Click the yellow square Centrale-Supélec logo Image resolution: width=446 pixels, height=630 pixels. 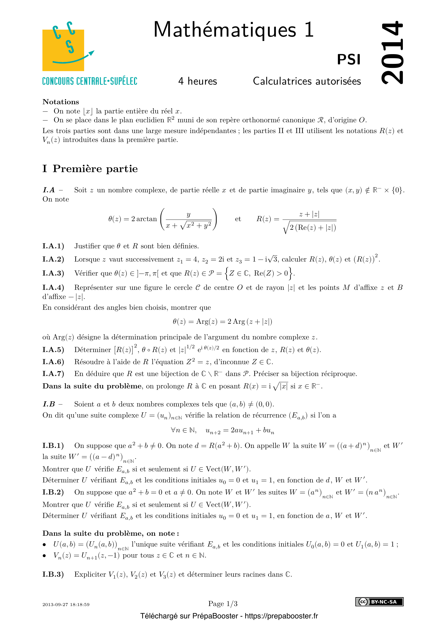pos(63,50)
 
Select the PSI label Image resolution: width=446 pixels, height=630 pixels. pos(348,60)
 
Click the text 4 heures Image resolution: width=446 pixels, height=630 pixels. pos(197,81)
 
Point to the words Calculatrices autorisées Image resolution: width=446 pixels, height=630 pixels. pos(307,81)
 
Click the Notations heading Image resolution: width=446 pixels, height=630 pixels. pos(61,102)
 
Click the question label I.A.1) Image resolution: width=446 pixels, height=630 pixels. pos(53,246)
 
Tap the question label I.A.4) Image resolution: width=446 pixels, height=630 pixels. pos(53,288)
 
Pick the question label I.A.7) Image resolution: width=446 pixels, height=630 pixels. pos(53,374)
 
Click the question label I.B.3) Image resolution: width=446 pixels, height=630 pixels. pos(53,575)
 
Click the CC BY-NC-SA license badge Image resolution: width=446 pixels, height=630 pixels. pos(379,602)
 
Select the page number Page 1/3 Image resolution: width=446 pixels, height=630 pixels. pos(223,604)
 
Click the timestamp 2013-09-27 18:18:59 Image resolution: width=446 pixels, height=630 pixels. pos(66,604)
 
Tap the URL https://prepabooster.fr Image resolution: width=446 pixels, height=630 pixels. pos(281,616)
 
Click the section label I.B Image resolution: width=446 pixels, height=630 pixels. pos(49,404)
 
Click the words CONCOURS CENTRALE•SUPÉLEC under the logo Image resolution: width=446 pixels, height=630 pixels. pos(90,82)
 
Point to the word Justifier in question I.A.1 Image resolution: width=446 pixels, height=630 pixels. pos(87,246)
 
